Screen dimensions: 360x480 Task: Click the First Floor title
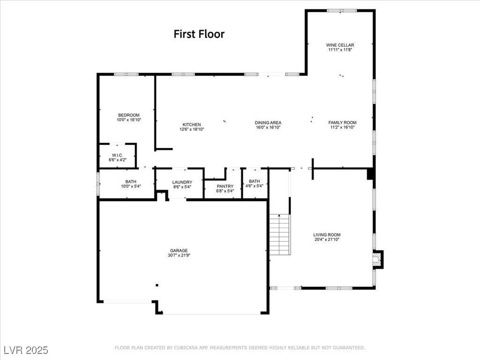pyautogui.click(x=199, y=34)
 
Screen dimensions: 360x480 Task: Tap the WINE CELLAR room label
pyautogui.click(x=340, y=45)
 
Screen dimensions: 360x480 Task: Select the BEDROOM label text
pyautogui.click(x=128, y=115)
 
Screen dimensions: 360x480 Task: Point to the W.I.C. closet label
pyautogui.click(x=117, y=156)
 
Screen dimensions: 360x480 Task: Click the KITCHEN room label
pyautogui.click(x=192, y=125)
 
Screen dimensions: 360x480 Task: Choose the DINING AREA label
pyautogui.click(x=268, y=123)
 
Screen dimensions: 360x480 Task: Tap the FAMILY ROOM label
pyautogui.click(x=342, y=123)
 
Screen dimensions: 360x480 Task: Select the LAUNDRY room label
pyautogui.click(x=182, y=182)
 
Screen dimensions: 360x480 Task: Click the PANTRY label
pyautogui.click(x=225, y=187)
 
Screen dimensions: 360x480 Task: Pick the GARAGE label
pyautogui.click(x=179, y=251)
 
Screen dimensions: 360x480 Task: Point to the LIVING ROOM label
pyautogui.click(x=327, y=235)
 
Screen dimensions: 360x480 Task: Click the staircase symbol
pyautogui.click(x=279, y=234)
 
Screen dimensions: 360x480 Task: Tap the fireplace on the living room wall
pyautogui.click(x=377, y=259)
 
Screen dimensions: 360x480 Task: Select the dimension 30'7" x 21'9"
pyautogui.click(x=179, y=255)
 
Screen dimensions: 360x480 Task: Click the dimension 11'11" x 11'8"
pyautogui.click(x=340, y=50)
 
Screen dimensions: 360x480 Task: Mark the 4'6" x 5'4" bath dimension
pyautogui.click(x=255, y=186)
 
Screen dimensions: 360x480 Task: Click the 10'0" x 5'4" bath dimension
pyautogui.click(x=130, y=186)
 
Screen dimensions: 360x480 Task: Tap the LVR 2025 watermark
pyautogui.click(x=26, y=350)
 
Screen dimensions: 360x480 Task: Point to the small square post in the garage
pyautogui.click(x=157, y=285)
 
